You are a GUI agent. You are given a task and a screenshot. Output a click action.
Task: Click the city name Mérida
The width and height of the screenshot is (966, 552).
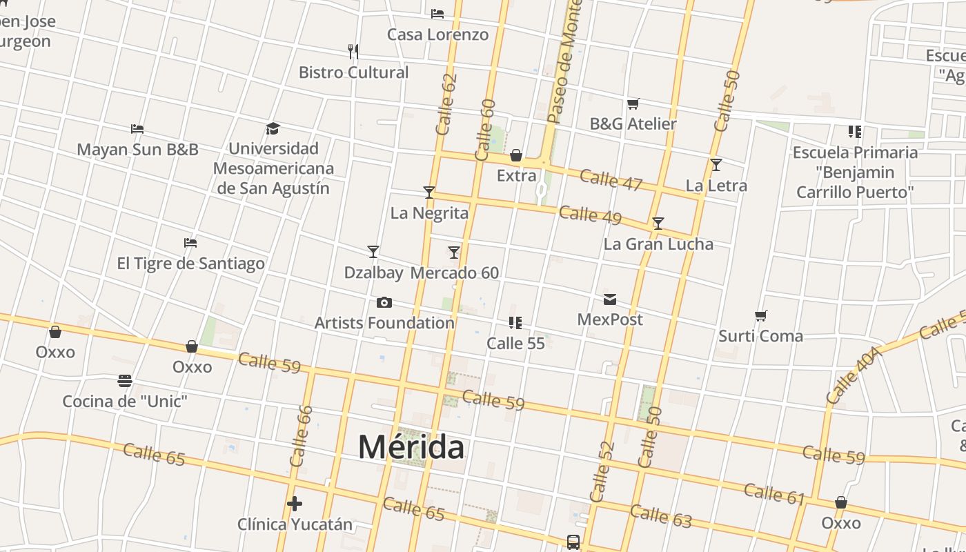411,447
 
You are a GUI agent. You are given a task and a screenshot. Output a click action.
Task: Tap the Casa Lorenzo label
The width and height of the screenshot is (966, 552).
437,34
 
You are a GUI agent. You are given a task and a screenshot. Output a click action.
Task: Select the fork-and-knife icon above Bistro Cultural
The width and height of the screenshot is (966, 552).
353,51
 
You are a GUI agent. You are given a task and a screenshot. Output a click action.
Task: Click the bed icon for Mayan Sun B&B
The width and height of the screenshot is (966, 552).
137,129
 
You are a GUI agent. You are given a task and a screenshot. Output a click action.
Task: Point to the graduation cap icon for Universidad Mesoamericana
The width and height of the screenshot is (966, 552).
273,128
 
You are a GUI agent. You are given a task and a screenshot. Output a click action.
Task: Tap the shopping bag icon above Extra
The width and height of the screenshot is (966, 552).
516,155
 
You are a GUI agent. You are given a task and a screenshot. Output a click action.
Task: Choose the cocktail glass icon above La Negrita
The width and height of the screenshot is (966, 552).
429,193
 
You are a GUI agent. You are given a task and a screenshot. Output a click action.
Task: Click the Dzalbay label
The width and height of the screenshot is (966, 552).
373,273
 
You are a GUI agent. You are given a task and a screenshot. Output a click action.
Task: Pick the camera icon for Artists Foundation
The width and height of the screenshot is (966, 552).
384,303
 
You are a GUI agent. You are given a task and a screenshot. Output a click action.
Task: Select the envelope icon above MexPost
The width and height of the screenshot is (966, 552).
610,299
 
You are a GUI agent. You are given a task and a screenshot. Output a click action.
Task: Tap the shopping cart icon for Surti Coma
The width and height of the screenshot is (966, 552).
761,316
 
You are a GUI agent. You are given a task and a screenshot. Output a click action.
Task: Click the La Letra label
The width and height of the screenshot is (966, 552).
716,185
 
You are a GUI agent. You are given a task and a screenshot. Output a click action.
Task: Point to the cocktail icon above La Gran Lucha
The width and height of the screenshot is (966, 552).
658,224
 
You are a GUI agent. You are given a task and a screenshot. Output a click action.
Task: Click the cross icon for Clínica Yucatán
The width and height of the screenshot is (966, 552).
295,504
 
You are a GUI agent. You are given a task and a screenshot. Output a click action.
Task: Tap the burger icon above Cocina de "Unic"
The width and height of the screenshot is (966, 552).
125,381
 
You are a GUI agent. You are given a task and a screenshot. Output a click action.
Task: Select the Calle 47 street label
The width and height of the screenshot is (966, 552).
611,180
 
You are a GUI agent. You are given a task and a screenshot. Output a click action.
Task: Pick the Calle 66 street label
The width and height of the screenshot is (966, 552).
302,436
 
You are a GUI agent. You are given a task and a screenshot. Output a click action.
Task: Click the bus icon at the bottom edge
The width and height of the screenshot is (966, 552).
573,542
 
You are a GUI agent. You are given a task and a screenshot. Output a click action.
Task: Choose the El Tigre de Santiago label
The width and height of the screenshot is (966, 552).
190,264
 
